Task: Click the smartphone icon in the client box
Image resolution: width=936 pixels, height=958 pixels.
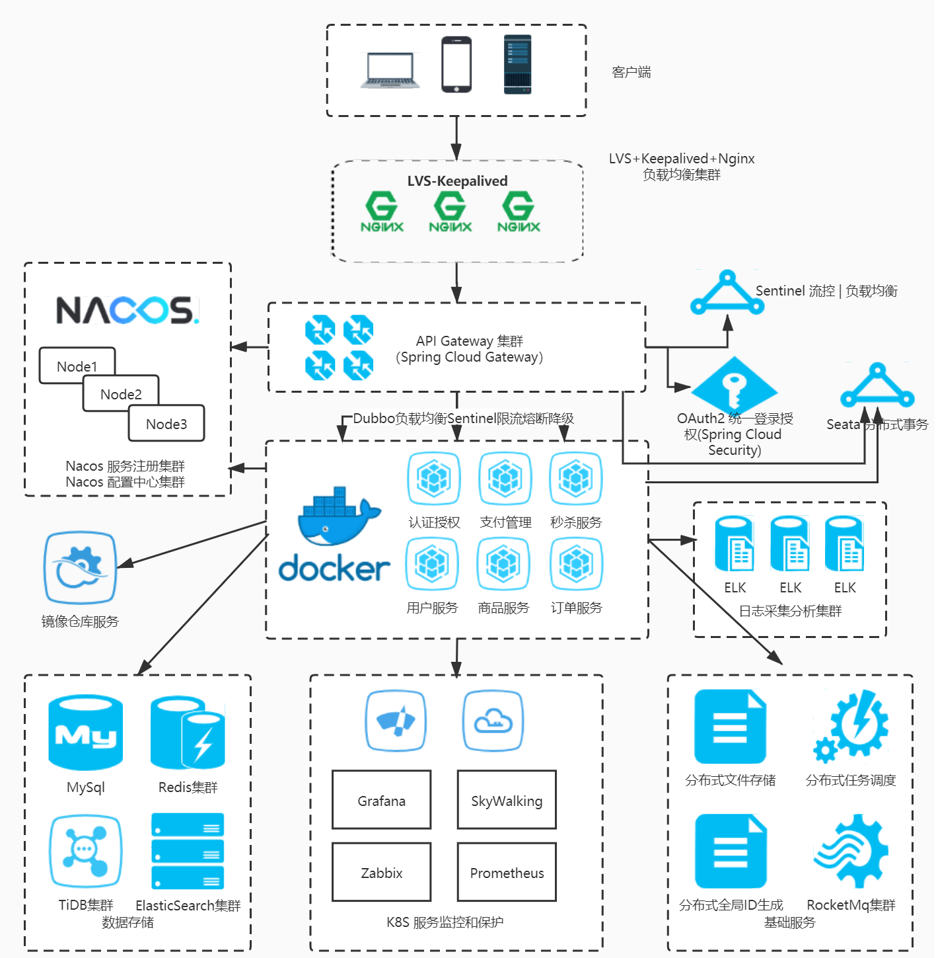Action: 456,65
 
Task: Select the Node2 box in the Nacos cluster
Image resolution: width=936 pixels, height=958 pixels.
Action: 121,394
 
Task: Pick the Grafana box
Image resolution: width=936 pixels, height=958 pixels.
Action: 381,800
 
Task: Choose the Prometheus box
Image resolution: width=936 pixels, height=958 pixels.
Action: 507,872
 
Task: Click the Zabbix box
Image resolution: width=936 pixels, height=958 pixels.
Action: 381,872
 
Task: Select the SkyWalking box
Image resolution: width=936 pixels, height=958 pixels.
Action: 507,800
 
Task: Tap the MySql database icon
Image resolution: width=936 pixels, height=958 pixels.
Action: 85,733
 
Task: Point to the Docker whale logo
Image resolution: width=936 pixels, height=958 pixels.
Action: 337,517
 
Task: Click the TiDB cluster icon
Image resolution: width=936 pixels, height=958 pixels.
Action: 85,851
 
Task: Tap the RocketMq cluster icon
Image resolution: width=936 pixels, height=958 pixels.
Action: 852,850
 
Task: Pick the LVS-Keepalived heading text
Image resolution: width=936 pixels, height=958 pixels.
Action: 457,181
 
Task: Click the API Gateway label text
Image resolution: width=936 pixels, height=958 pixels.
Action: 469,349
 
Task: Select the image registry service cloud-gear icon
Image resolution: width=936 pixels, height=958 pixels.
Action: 80,568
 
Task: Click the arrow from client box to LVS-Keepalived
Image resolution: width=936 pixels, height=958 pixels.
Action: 456,138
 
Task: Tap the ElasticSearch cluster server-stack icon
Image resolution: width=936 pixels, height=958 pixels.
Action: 188,851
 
